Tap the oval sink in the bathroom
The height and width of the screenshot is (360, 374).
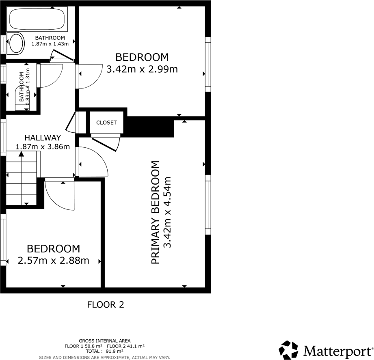pyautogui.click(x=17, y=43)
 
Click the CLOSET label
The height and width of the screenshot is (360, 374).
pyautogui.click(x=106, y=123)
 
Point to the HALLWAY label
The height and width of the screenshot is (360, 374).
pyautogui.click(x=43, y=138)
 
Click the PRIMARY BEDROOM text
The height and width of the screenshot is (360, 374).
pyautogui.click(x=155, y=213)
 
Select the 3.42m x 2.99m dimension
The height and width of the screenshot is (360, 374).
pyautogui.click(x=142, y=69)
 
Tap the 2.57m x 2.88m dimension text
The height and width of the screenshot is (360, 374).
pyautogui.click(x=53, y=261)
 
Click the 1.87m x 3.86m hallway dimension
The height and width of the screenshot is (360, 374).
pyautogui.click(x=43, y=147)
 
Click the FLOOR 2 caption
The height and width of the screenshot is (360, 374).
pyautogui.click(x=106, y=304)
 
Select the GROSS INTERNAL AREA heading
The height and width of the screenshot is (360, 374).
pyautogui.click(x=104, y=341)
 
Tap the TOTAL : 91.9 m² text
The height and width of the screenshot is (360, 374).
pyautogui.click(x=104, y=351)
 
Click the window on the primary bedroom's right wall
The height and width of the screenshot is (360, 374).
pyautogui.click(x=208, y=205)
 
